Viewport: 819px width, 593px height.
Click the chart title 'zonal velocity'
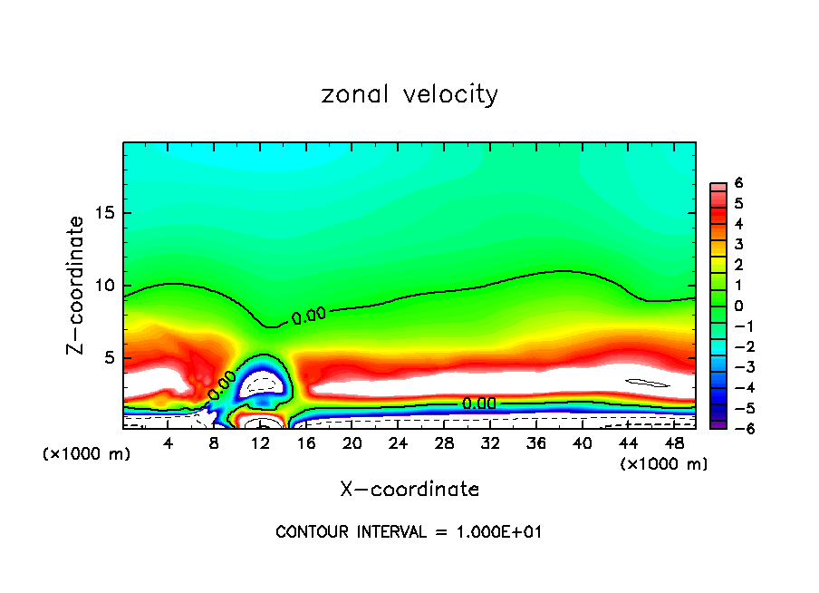pyautogui.click(x=409, y=94)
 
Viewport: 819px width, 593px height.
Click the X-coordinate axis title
pyautogui.click(x=409, y=490)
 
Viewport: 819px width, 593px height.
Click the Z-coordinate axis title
pyautogui.click(x=76, y=285)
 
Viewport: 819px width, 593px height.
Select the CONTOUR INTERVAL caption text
pyautogui.click(x=409, y=532)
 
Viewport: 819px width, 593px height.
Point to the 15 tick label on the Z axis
pyautogui.click(x=101, y=214)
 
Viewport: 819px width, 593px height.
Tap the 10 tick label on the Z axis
pyautogui.click(x=101, y=286)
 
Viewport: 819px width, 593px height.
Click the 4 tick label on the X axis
pyautogui.click(x=169, y=443)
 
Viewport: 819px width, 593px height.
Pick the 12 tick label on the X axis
pyautogui.click(x=260, y=443)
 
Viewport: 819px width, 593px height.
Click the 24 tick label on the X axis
pyautogui.click(x=398, y=443)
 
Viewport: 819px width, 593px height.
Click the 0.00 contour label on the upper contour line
pyautogui.click(x=308, y=316)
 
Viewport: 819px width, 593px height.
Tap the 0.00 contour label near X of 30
pyautogui.click(x=478, y=403)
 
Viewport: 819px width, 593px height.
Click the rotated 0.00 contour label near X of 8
pyautogui.click(x=222, y=384)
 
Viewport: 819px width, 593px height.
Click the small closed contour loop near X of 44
pyautogui.click(x=648, y=383)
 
